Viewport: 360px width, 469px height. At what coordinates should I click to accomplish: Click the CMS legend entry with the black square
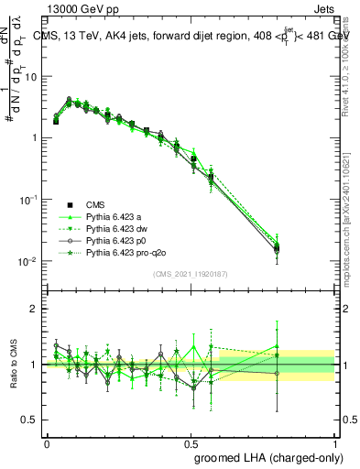click(96, 204)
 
